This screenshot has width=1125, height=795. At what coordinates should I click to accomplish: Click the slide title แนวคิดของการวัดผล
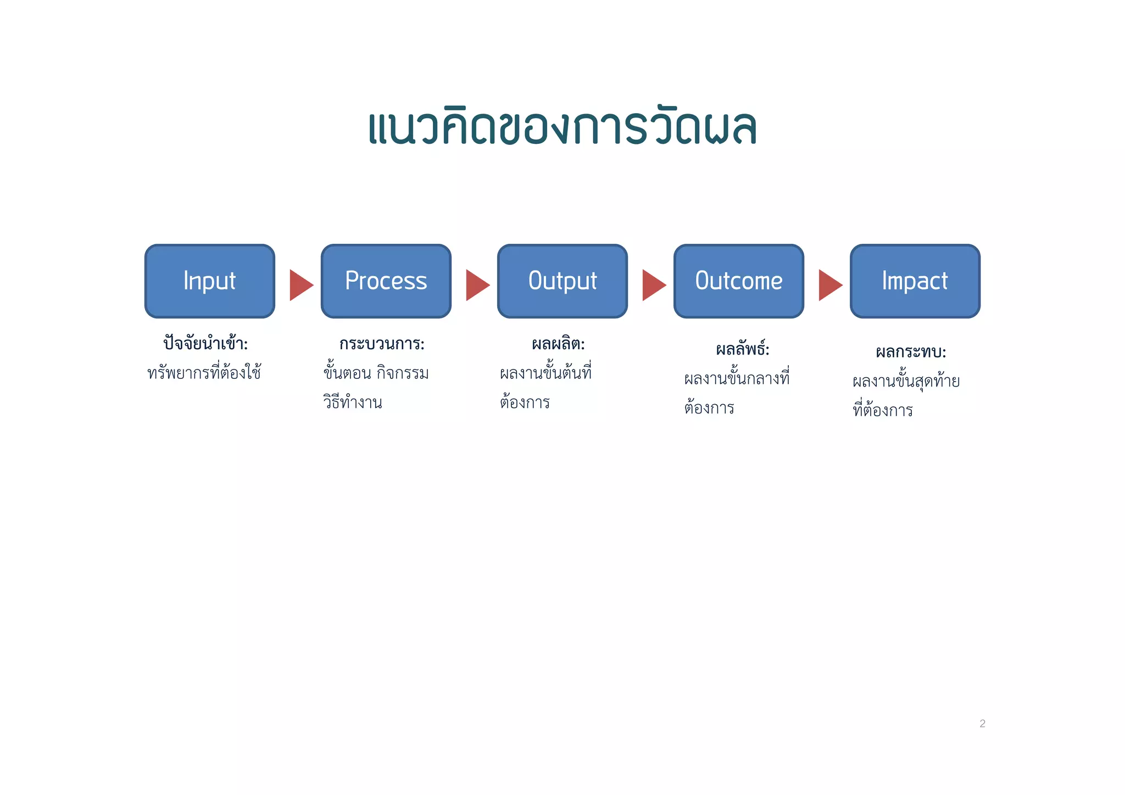[562, 127]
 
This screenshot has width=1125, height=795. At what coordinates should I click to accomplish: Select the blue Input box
[210, 281]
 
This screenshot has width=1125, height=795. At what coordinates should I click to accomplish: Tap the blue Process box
[386, 281]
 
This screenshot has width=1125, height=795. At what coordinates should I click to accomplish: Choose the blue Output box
[562, 281]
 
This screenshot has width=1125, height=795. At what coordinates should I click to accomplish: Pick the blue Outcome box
[739, 281]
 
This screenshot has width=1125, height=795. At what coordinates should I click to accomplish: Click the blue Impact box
[915, 281]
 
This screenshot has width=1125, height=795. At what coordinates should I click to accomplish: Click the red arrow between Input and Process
[300, 285]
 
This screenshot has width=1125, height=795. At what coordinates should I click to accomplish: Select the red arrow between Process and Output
[476, 285]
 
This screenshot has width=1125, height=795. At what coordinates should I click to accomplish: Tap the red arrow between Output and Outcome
[653, 285]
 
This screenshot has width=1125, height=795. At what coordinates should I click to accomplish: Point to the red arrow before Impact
[829, 285]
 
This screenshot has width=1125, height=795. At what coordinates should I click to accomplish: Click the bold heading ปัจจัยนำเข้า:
[206, 344]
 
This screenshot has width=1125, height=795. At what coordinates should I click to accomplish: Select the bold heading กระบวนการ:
[382, 344]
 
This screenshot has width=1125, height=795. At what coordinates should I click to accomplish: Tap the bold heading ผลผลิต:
[558, 344]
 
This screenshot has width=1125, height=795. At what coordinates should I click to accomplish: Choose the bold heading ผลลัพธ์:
[743, 349]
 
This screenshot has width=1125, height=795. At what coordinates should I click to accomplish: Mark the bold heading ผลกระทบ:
[911, 352]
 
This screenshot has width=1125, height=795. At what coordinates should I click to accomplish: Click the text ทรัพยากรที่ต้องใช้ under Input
[204, 373]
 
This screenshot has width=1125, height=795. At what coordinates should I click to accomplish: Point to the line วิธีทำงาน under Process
[353, 402]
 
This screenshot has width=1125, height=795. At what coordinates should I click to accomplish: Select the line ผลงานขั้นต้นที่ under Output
[545, 373]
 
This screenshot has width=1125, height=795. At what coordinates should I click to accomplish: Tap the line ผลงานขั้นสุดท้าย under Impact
[906, 381]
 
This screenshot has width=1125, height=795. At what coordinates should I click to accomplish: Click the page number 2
[982, 724]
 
